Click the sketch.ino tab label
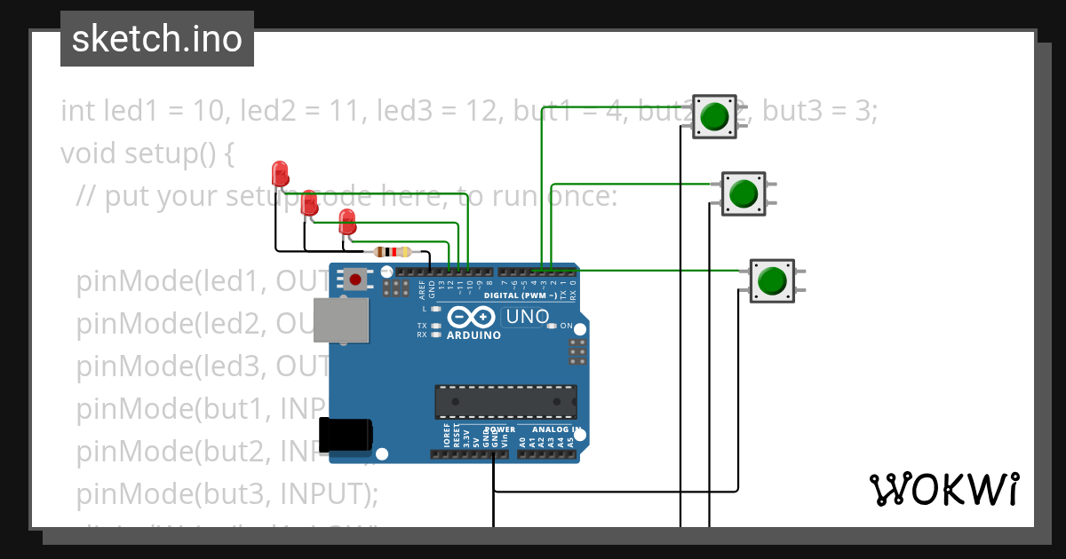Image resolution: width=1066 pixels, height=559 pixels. (156, 39)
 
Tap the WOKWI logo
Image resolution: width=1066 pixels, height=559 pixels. (943, 490)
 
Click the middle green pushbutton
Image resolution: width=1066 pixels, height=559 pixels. (743, 193)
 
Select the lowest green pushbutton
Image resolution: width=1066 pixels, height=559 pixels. (772, 279)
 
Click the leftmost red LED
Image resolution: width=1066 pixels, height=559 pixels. (280, 172)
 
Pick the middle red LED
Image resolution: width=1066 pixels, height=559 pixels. (309, 201)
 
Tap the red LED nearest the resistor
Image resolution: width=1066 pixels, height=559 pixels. (347, 222)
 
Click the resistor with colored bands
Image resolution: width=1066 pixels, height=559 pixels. (392, 251)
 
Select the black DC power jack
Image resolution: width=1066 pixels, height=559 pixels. (347, 434)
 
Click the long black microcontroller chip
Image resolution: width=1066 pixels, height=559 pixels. (505, 402)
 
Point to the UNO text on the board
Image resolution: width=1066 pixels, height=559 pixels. (527, 317)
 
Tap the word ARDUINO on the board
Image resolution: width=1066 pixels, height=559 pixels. (473, 335)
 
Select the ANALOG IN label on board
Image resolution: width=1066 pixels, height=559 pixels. (556, 429)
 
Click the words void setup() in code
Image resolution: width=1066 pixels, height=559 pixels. (146, 153)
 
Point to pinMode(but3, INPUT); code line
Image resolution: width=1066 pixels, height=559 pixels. (227, 492)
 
